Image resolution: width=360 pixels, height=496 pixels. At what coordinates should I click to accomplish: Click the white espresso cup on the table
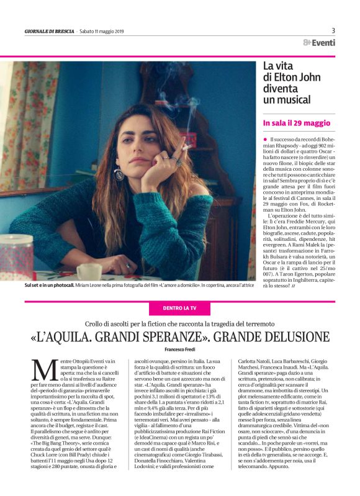[x=89, y=271]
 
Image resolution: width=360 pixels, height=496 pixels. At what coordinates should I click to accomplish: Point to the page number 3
[x=333, y=30]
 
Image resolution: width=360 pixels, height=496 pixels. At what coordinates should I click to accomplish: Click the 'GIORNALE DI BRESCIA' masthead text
[x=48, y=32]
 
